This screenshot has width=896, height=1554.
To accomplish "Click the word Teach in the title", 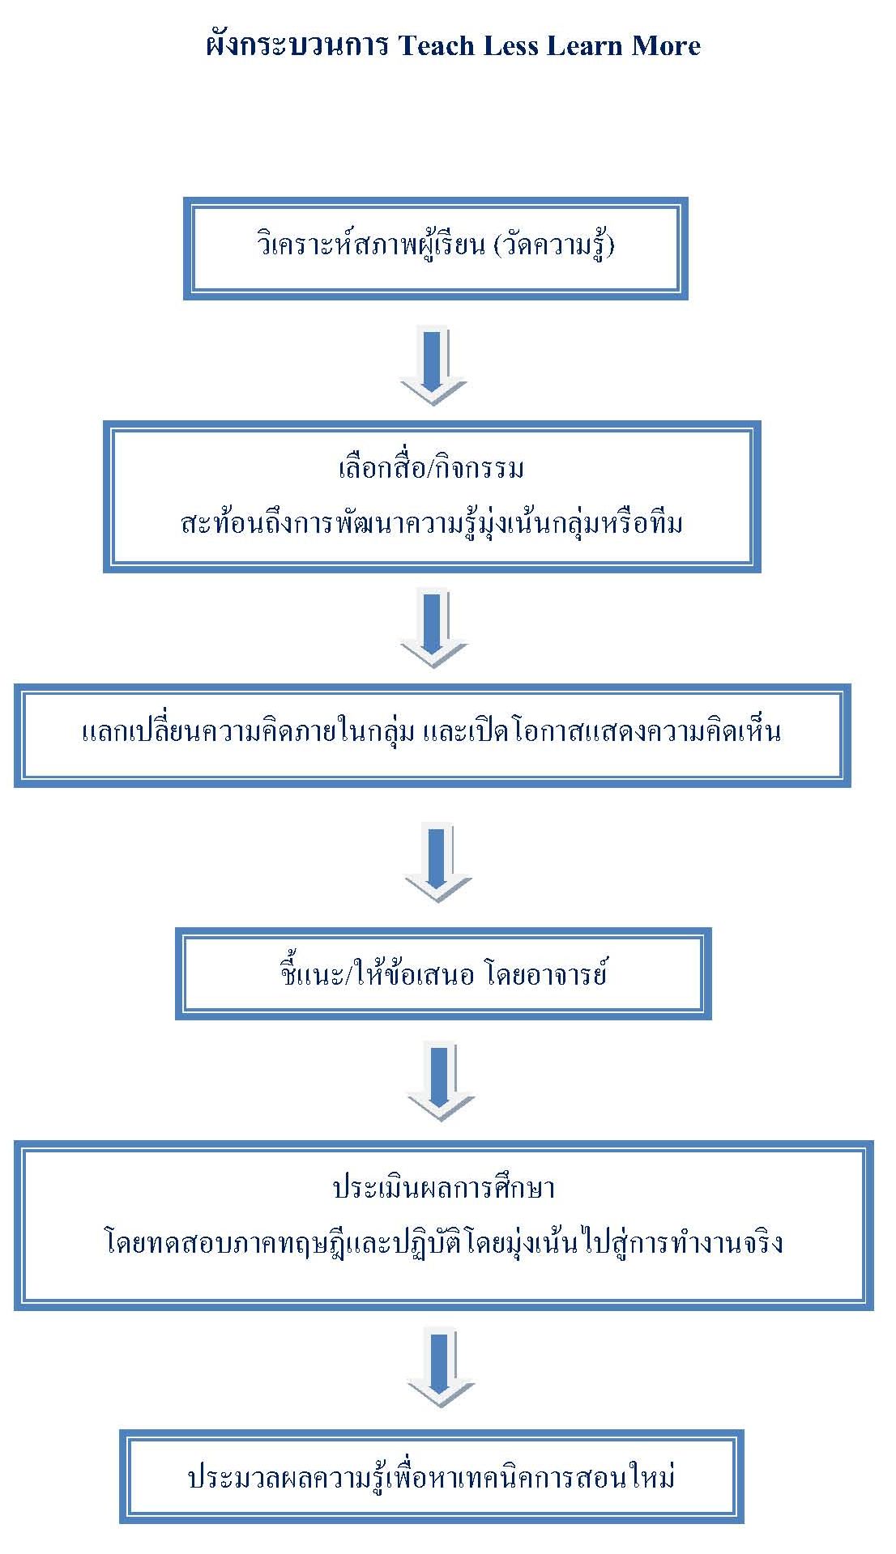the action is pyautogui.click(x=437, y=45).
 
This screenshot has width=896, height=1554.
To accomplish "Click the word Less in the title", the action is pyautogui.click(x=510, y=45).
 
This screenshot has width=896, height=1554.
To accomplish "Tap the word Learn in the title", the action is pyautogui.click(x=584, y=45).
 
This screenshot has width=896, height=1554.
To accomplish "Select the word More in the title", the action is pyautogui.click(x=666, y=45).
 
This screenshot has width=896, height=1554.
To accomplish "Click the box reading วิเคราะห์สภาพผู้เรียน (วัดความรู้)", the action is pyautogui.click(x=436, y=248).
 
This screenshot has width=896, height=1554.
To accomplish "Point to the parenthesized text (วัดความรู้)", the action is pyautogui.click(x=553, y=244).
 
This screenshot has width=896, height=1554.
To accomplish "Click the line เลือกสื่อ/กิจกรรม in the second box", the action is pyautogui.click(x=431, y=468).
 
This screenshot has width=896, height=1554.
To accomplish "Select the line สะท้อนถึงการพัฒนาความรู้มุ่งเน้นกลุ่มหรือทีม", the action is pyautogui.click(x=432, y=522).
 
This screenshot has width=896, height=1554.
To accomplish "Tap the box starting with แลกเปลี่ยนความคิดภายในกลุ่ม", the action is pyautogui.click(x=433, y=735).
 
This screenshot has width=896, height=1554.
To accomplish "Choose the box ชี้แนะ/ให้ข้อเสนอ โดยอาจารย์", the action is pyautogui.click(x=443, y=973).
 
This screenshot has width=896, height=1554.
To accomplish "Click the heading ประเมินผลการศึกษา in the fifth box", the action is pyautogui.click(x=443, y=1187).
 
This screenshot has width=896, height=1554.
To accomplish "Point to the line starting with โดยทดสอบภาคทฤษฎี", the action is pyautogui.click(x=444, y=1241).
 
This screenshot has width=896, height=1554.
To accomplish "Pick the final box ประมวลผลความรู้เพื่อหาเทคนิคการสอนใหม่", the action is pyautogui.click(x=432, y=1477).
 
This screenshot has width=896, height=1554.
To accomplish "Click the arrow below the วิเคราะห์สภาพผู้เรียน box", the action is pyautogui.click(x=433, y=365).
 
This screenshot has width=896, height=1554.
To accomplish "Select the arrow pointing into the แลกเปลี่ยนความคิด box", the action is pyautogui.click(x=434, y=628).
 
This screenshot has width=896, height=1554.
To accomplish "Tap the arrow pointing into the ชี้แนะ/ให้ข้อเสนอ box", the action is pyautogui.click(x=437, y=862).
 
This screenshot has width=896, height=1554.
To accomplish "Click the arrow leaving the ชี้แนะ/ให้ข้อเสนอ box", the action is pyautogui.click(x=441, y=1082).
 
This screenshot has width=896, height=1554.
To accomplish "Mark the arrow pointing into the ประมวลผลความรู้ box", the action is pyautogui.click(x=441, y=1369).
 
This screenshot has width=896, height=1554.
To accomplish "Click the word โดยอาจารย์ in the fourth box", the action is pyautogui.click(x=546, y=973).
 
